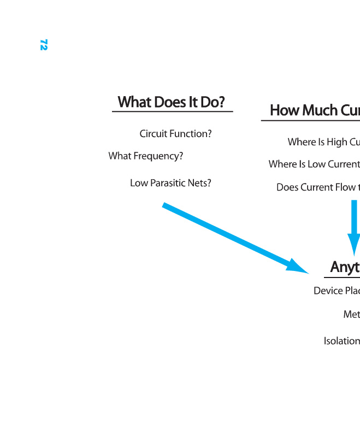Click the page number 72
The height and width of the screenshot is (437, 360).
click(44, 45)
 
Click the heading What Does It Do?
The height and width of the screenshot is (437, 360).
click(172, 102)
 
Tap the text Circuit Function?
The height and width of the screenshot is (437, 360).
click(175, 134)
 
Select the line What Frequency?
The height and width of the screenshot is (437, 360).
click(145, 156)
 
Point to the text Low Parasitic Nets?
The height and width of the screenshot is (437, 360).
click(170, 183)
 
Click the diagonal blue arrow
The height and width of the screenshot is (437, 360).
click(229, 235)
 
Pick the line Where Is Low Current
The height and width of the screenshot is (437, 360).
click(314, 164)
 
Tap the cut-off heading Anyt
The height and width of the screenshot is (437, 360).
click(345, 267)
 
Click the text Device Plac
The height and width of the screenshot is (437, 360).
click(337, 291)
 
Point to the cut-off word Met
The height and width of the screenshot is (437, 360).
click(351, 314)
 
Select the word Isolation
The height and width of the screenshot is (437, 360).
click(341, 341)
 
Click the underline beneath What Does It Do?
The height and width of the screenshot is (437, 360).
click(173, 111)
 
